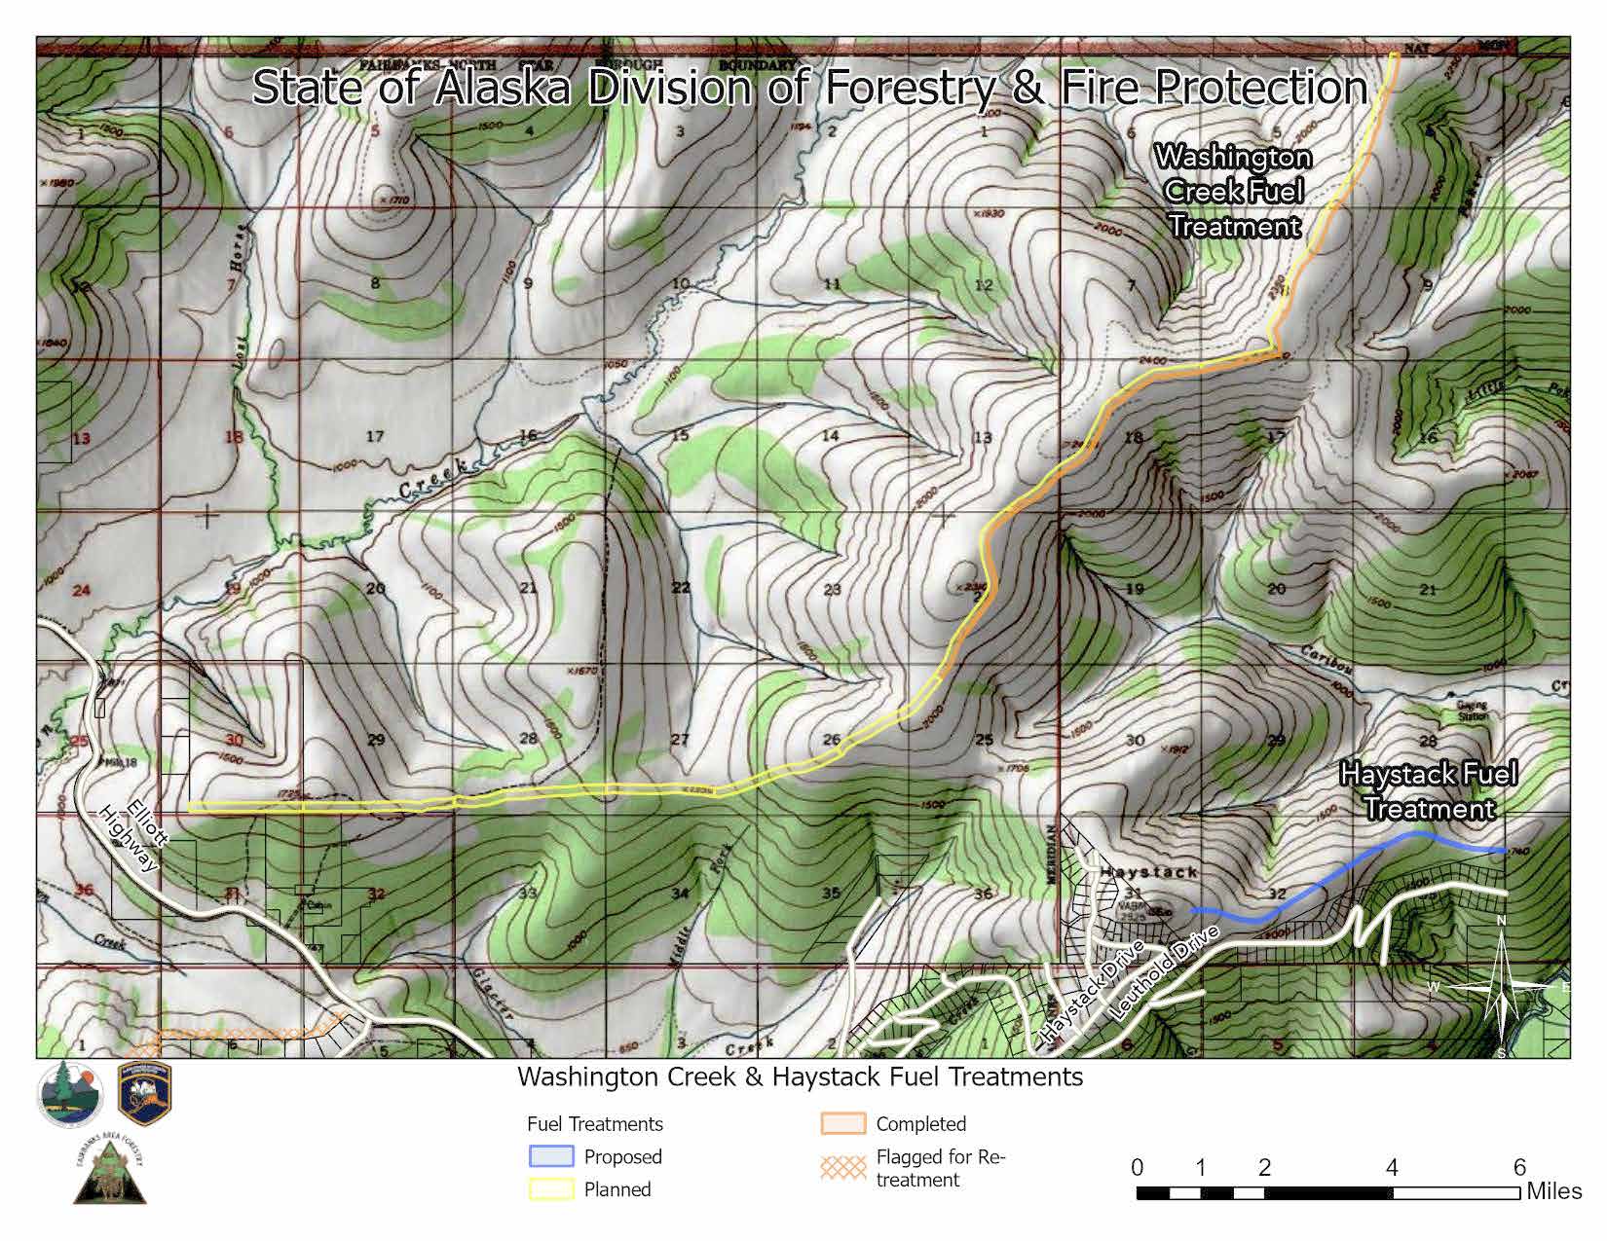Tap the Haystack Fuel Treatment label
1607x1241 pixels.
pos(1428,791)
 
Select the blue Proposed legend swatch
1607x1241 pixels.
pos(551,1156)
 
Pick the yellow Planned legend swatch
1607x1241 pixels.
pos(551,1188)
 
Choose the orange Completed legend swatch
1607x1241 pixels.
pos(842,1124)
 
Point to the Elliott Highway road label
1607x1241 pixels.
pos(132,838)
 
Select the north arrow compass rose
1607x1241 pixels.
pos(1502,987)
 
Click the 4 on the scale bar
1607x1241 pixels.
pos(1392,1168)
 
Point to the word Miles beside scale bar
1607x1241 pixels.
pos(1554,1191)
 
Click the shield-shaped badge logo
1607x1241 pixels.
pos(144,1094)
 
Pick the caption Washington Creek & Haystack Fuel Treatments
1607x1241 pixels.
pos(800,1077)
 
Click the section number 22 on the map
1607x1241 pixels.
pos(680,587)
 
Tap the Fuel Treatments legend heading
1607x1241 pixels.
pos(594,1124)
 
